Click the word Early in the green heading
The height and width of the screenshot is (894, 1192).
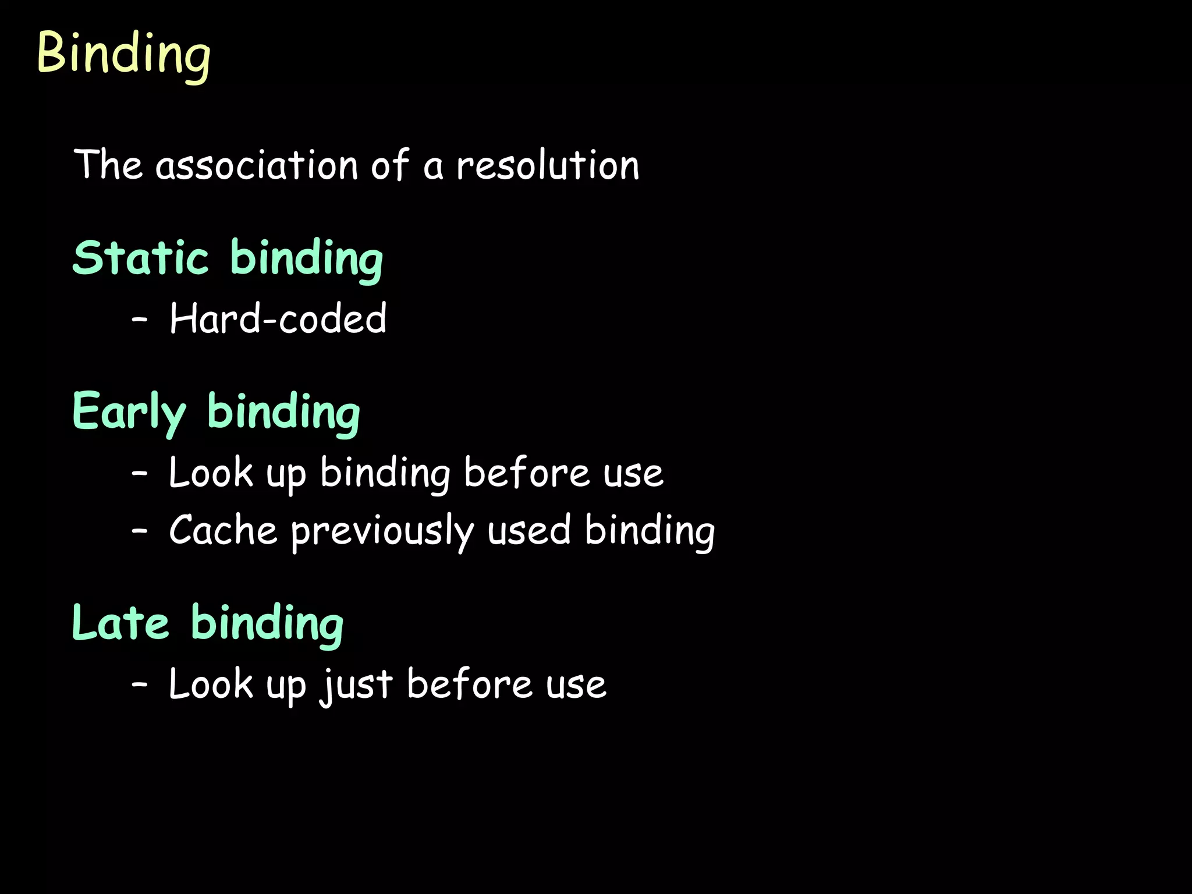point(129,412)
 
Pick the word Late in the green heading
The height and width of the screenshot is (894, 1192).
point(120,623)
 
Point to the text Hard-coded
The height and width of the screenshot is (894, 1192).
point(278,318)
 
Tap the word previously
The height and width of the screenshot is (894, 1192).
point(382,531)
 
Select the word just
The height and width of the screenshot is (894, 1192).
point(356,684)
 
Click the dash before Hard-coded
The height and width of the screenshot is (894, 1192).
point(140,320)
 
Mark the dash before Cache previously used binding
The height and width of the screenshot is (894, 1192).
point(140,531)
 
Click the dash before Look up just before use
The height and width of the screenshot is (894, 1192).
point(140,684)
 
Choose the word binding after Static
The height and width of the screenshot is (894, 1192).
point(307,258)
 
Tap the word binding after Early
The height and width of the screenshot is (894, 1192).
point(283,412)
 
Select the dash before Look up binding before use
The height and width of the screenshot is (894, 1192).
point(140,473)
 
